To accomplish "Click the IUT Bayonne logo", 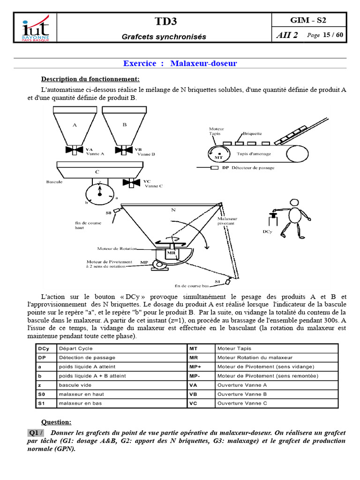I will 36,28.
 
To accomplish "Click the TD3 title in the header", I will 165,21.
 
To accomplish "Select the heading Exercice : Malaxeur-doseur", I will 180,63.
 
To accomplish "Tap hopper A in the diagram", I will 75,125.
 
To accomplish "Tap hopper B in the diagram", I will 124,125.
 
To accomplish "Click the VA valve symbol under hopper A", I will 75,150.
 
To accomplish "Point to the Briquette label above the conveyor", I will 252,133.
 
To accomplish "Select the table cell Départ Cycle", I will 75,349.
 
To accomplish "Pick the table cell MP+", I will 195,367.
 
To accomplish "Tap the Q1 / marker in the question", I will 36,433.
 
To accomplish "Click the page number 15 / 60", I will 333,35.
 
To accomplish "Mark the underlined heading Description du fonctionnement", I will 90,78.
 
